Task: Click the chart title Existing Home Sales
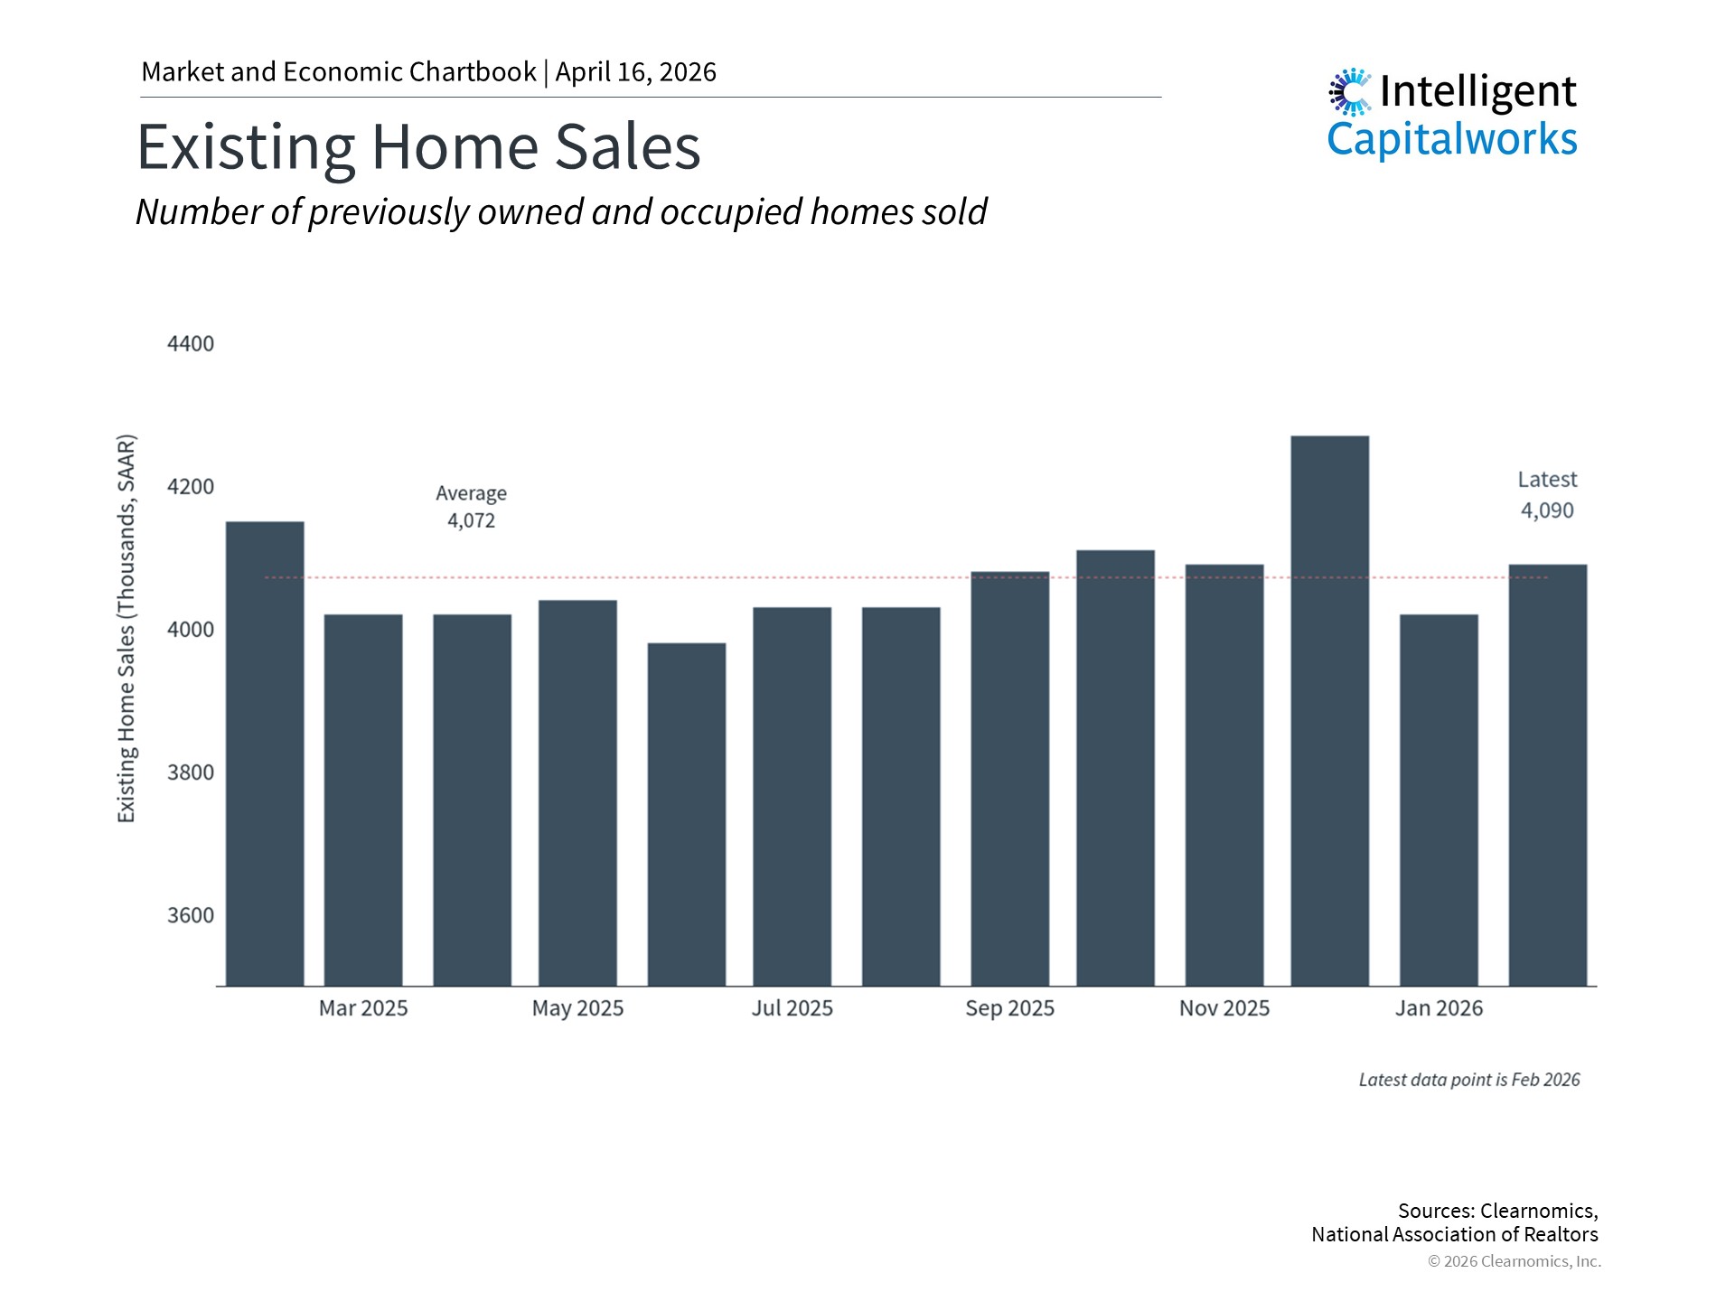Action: [x=418, y=147]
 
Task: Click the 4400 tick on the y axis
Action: [x=191, y=344]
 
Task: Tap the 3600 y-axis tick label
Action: [x=191, y=915]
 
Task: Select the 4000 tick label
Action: [x=191, y=630]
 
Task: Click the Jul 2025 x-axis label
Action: [x=792, y=1008]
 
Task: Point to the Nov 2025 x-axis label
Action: [x=1224, y=1008]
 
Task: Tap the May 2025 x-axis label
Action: [x=577, y=1008]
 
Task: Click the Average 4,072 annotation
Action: [x=471, y=507]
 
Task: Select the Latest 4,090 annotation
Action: [x=1547, y=495]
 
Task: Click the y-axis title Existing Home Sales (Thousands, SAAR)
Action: [x=127, y=629]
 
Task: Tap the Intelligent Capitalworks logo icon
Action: [x=1349, y=92]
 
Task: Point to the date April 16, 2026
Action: [x=635, y=72]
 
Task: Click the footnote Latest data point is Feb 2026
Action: [x=1469, y=1080]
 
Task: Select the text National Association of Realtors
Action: [x=1454, y=1234]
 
